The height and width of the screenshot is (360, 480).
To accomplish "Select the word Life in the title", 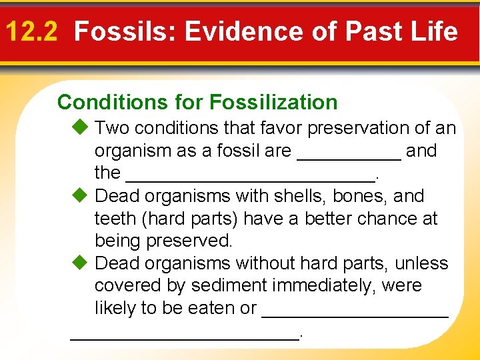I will tap(437, 31).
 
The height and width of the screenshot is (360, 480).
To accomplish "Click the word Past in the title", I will tap(378, 31).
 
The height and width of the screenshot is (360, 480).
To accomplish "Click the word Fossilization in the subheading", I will tap(273, 102).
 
